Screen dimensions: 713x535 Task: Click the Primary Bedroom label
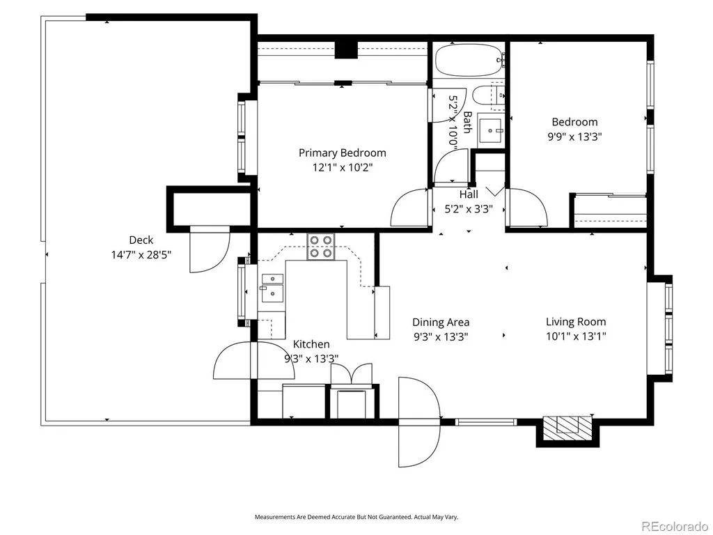pyautogui.click(x=342, y=153)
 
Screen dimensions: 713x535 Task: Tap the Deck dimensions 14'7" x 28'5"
pyautogui.click(x=141, y=255)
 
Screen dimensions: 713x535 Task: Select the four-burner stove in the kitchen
pyautogui.click(x=320, y=247)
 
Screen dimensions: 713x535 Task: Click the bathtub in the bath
pyautogui.click(x=469, y=60)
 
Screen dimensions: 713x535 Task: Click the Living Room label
pyautogui.click(x=576, y=322)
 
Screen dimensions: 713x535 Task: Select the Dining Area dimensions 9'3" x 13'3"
pyautogui.click(x=441, y=337)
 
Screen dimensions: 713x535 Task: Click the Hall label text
pyautogui.click(x=469, y=194)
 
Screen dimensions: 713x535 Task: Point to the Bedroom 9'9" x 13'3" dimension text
pyautogui.click(x=574, y=137)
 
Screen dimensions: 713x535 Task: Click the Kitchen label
pyautogui.click(x=311, y=344)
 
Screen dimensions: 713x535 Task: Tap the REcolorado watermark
pyautogui.click(x=674, y=527)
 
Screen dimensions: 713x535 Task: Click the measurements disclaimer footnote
pyautogui.click(x=356, y=518)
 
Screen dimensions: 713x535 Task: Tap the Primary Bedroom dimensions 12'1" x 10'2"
pyautogui.click(x=342, y=167)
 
